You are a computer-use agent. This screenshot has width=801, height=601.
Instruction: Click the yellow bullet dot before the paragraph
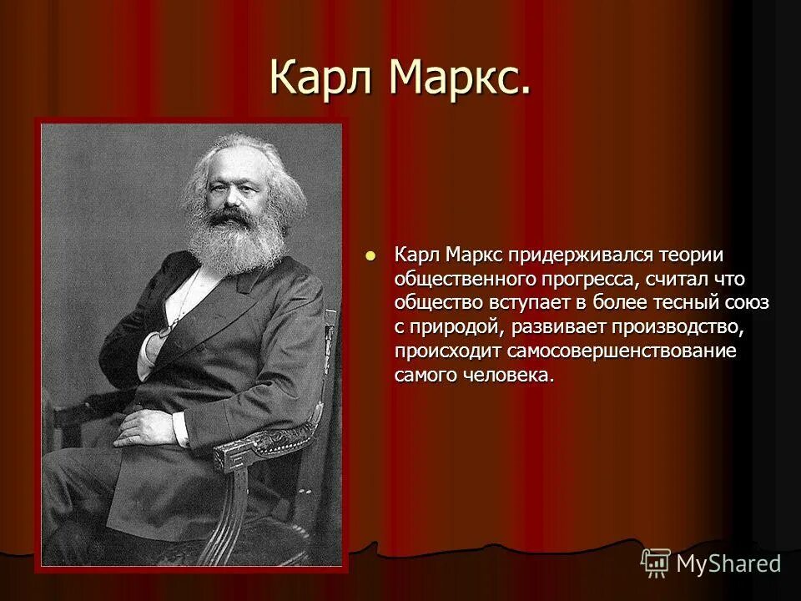371,255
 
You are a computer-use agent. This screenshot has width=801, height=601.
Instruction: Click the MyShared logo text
728,563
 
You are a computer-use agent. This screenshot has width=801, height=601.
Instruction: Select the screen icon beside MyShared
655,563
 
